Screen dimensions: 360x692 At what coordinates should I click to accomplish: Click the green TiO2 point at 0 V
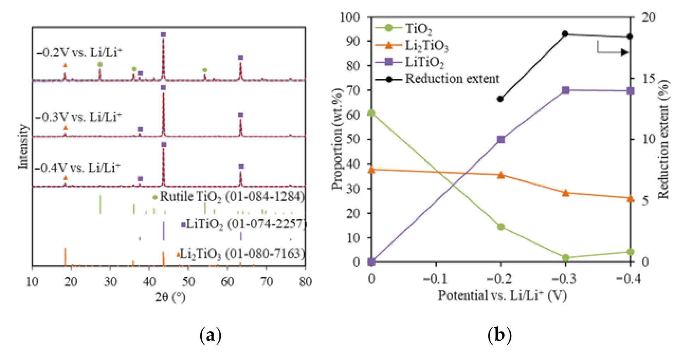371,113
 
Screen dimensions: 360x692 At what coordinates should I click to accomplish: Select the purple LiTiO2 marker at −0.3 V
565,90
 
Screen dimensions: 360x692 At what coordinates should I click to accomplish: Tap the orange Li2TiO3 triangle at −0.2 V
500,175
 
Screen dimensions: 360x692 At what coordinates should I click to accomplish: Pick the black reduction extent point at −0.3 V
565,34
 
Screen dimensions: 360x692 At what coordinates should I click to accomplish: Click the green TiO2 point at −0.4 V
630,252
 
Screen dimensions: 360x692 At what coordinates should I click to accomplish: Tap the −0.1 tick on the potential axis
435,279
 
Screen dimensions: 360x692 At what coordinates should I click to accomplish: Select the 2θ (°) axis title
170,297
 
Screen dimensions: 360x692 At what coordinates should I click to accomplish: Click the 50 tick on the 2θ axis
188,282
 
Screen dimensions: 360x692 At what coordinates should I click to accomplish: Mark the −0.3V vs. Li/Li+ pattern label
78,117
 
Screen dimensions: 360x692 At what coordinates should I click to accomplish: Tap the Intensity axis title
23,146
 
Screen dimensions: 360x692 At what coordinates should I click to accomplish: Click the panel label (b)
499,335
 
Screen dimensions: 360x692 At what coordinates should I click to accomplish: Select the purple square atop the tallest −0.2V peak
163,34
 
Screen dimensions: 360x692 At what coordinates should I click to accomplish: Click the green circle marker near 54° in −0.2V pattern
205,70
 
